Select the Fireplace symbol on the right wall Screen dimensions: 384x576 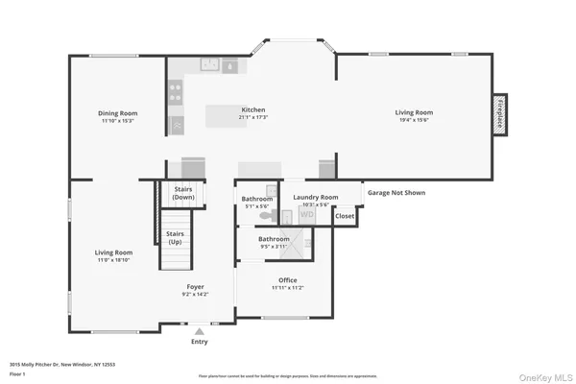click(x=499, y=113)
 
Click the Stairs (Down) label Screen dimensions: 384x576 click(x=183, y=193)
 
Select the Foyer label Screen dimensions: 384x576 click(x=195, y=286)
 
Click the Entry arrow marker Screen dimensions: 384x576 click(x=199, y=331)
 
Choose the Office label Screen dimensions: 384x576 click(x=288, y=279)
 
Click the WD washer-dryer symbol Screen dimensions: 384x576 click(x=307, y=216)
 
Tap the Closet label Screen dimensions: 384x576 click(x=345, y=217)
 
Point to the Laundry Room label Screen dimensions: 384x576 click(x=315, y=198)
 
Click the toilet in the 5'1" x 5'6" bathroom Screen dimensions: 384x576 click(x=271, y=216)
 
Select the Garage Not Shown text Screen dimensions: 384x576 click(x=396, y=192)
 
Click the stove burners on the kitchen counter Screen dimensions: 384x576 click(x=177, y=92)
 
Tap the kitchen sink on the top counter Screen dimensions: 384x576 click(x=210, y=65)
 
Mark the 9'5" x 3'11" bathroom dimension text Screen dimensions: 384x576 click(x=274, y=246)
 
